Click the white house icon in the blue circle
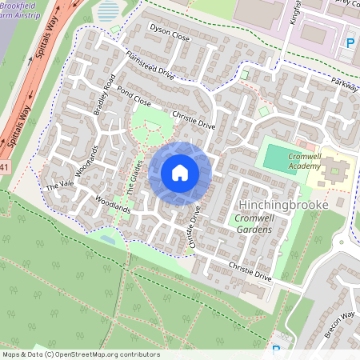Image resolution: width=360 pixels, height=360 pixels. pyautogui.click(x=180, y=173)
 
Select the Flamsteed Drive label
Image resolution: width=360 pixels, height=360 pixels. pyautogui.click(x=150, y=64)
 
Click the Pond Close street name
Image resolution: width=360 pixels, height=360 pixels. pyautogui.click(x=134, y=95)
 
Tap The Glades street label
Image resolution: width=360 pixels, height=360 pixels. pyautogui.click(x=134, y=184)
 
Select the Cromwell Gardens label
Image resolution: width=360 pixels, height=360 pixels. pyautogui.click(x=250, y=224)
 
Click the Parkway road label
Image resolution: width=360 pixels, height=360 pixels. pyautogui.click(x=346, y=85)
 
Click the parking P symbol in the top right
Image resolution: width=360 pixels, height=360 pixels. pyautogui.click(x=350, y=42)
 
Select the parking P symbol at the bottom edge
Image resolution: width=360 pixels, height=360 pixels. pyautogui.click(x=277, y=350)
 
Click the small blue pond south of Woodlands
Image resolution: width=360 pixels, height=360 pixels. pyautogui.click(x=107, y=238)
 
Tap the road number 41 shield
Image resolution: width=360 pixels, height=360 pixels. pyautogui.click(x=4, y=166)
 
